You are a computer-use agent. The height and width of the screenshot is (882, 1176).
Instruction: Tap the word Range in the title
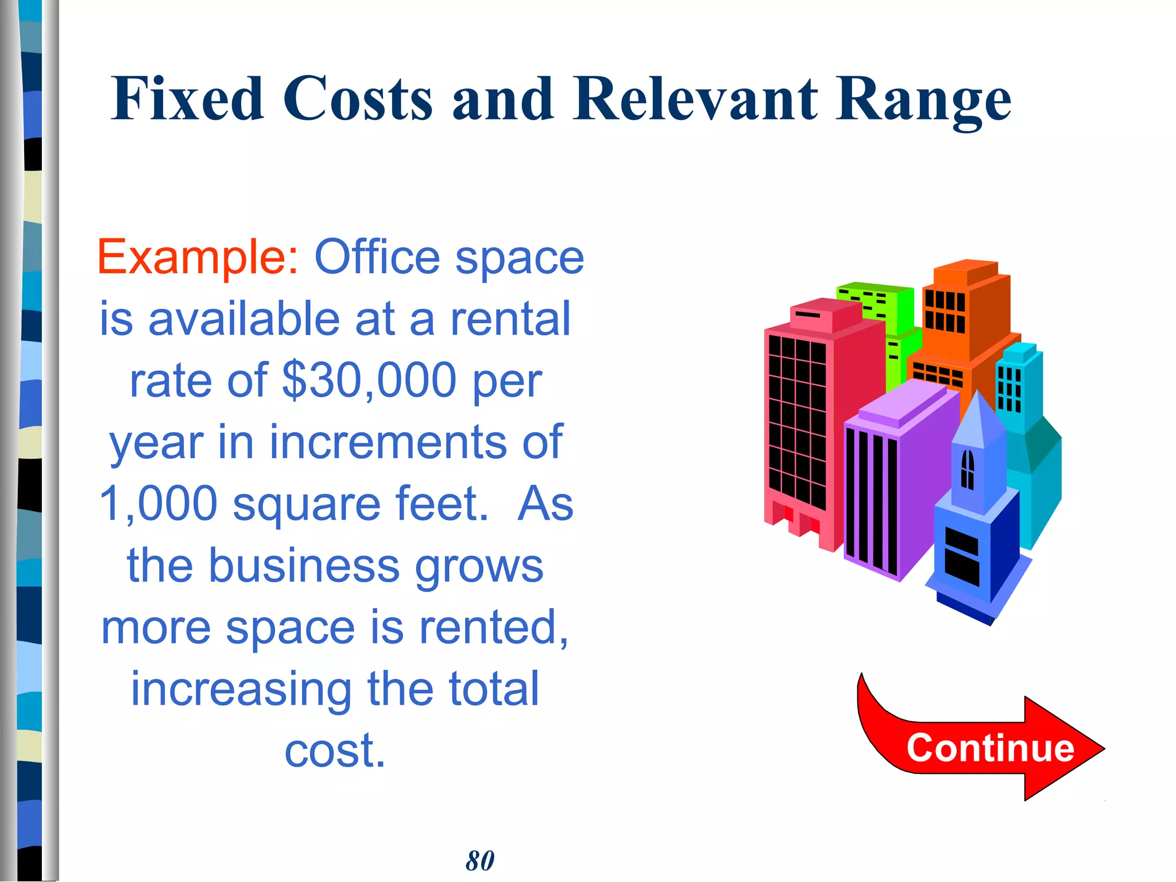point(923,101)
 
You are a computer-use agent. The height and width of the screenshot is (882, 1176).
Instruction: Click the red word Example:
point(198,257)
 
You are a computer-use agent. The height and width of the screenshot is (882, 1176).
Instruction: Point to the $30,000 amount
point(369,380)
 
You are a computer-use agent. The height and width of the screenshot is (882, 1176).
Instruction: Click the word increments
point(388,442)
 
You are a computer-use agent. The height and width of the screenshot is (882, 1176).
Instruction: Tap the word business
point(304,565)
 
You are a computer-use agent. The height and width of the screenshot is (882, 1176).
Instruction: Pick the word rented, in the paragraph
point(494,627)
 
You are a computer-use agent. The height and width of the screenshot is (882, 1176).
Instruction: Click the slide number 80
point(480,860)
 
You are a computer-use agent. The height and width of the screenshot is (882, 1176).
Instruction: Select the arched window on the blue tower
point(968,469)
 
